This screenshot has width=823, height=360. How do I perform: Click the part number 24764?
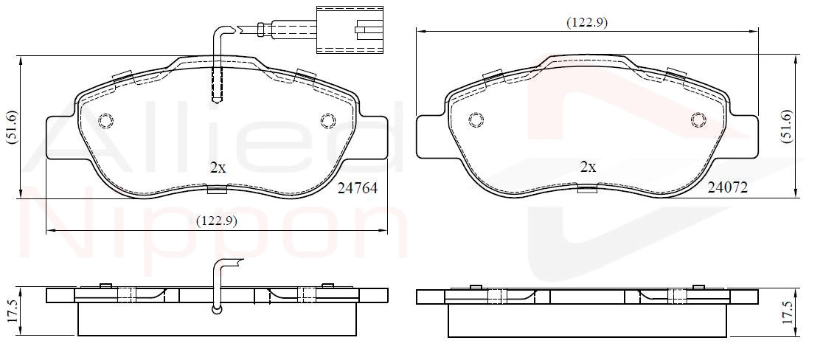tap(358, 188)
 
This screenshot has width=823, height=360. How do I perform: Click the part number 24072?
tap(727, 187)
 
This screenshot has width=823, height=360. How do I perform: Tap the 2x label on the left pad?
tap(218, 168)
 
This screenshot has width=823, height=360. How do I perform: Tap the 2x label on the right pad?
tap(588, 167)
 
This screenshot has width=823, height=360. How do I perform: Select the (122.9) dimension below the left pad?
tap(217, 221)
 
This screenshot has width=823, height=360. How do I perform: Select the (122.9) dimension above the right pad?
tap(587, 23)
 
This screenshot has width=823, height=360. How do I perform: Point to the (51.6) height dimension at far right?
tap(786, 126)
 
